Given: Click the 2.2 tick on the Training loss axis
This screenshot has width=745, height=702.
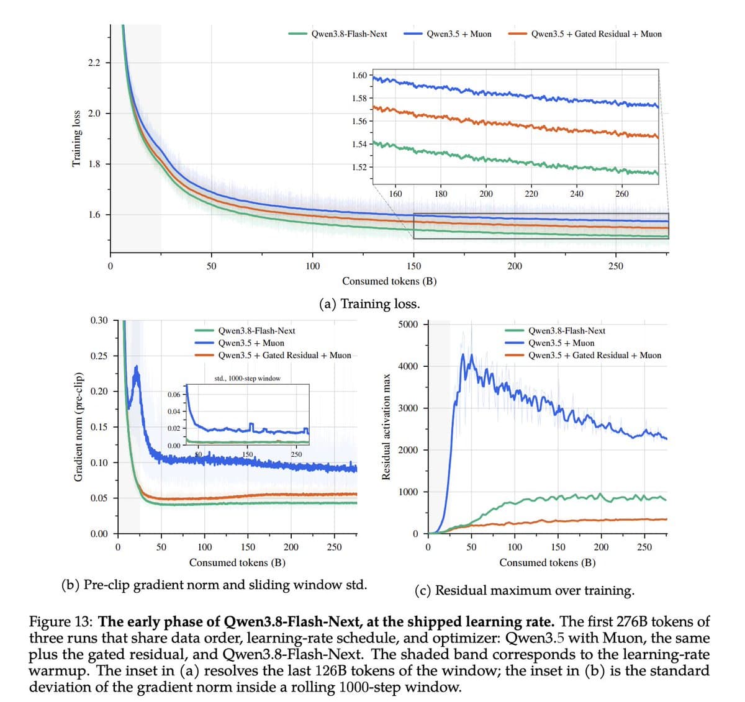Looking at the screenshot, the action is point(94,63).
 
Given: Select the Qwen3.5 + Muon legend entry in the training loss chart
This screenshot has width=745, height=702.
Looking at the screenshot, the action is point(448,34).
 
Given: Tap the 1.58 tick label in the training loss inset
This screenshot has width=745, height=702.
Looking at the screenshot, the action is point(359,98).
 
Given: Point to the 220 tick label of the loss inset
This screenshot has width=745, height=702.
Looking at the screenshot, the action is point(531,194).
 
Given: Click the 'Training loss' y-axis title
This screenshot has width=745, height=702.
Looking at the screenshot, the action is point(76,138).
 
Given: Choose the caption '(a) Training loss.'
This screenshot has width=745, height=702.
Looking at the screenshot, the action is point(369,304).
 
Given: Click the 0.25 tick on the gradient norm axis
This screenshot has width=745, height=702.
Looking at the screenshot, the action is point(99,356).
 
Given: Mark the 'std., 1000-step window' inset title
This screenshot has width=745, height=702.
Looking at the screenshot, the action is point(247,378).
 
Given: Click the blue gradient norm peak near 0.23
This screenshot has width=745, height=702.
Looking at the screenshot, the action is point(136,367).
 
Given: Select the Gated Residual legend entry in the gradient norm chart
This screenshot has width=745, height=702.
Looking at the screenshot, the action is point(273,355).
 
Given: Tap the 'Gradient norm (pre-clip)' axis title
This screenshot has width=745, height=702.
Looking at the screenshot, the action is point(78,426).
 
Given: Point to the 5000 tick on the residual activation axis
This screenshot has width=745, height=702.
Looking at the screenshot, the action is point(408,324).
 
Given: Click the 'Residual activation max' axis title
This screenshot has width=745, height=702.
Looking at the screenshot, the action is point(386,426).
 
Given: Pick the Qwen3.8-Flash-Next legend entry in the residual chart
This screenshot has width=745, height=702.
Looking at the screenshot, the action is point(555,331).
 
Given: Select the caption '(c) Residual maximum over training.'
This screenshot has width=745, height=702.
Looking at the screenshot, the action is point(525,590).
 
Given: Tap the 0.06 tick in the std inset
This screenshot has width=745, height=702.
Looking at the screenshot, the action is point(174,394).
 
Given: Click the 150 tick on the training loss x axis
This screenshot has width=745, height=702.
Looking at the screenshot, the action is point(413,266).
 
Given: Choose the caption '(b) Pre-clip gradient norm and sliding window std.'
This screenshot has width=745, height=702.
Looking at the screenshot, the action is point(214,585).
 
